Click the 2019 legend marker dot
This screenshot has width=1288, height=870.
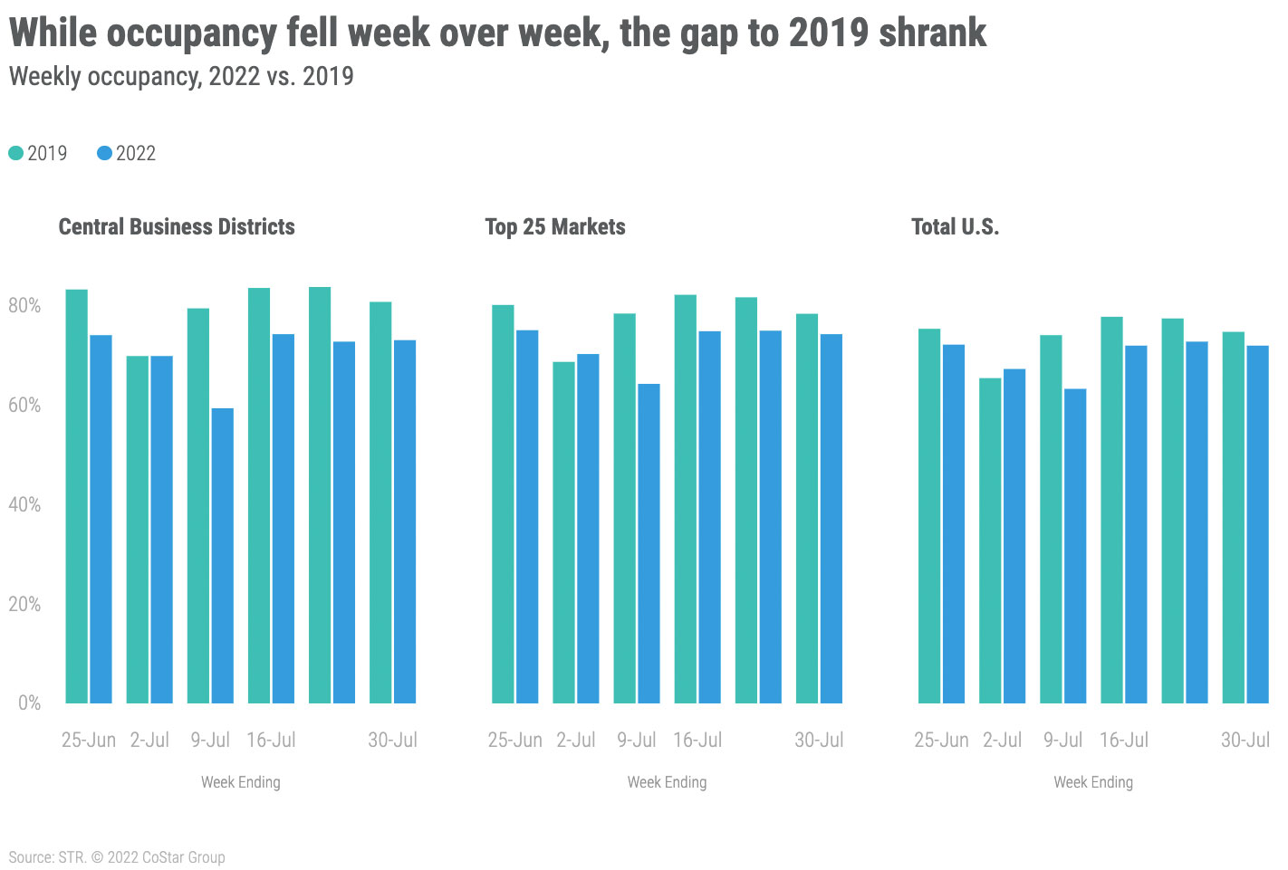[x=16, y=154]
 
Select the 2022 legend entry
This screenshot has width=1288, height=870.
[x=126, y=154]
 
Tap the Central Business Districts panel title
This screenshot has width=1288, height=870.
[x=177, y=226]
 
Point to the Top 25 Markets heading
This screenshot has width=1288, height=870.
[x=555, y=226]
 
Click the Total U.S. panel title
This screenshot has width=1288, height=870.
[x=955, y=226]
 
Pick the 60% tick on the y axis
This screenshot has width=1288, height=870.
[x=24, y=406]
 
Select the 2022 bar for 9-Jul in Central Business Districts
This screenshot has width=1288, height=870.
[x=223, y=556]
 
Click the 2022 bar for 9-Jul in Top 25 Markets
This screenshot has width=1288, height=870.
[x=649, y=543]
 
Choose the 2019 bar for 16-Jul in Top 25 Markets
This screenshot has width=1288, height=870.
[x=686, y=499]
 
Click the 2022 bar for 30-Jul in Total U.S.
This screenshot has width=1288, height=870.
[x=1257, y=524]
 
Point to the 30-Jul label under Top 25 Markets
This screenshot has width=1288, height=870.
[x=819, y=741]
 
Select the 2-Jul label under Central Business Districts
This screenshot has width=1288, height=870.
[x=149, y=741]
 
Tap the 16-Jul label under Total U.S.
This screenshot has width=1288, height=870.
[x=1123, y=741]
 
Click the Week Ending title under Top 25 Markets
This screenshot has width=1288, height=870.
[x=667, y=782]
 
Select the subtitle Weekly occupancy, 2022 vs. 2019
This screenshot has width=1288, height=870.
[x=181, y=76]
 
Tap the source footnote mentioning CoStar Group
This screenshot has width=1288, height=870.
[x=117, y=857]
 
